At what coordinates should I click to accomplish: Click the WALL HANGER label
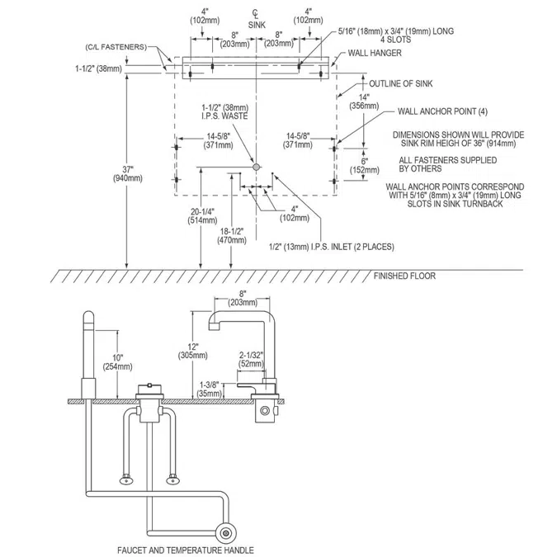point(375,53)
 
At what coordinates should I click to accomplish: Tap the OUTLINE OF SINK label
point(401,83)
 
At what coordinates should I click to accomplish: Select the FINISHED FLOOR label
point(404,276)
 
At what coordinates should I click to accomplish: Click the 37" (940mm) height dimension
point(128,174)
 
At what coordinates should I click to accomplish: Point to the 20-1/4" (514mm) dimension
point(202,216)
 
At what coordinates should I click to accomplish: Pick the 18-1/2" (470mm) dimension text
point(232,236)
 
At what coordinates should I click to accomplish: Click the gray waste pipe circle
point(256,167)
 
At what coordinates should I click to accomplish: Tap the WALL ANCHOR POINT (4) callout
point(442,111)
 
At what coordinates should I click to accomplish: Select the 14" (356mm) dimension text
point(364,101)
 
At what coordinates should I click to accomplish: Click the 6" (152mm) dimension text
point(365,166)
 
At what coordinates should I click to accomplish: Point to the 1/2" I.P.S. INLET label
point(332,247)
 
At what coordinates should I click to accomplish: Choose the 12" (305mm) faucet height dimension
point(193,351)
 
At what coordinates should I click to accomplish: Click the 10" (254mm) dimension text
point(117,362)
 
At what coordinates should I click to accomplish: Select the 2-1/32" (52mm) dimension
point(251,359)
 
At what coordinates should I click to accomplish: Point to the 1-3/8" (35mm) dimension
point(210,389)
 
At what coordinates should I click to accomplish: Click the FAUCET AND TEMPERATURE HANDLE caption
point(186,550)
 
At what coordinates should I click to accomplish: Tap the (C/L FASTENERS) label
point(116,47)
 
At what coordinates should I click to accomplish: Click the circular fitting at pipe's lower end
point(225,533)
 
